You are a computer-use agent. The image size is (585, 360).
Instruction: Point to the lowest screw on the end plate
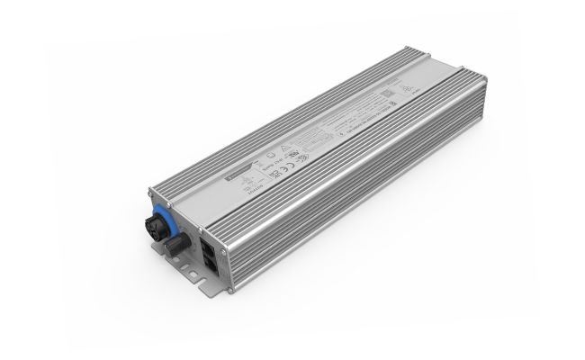coord(229,290)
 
